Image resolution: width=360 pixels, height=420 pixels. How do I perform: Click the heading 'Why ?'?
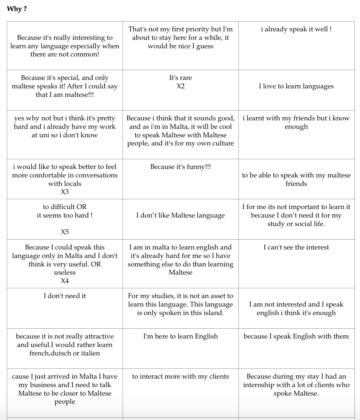click(17, 9)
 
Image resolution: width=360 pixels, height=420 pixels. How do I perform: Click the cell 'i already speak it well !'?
click(296, 29)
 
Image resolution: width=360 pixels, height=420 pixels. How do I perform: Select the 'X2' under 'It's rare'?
click(180, 86)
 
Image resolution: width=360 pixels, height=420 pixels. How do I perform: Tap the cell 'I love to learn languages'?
click(296, 86)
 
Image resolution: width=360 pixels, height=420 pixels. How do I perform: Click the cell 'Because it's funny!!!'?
click(180, 167)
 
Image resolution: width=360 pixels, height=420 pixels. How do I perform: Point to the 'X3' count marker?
click(65, 192)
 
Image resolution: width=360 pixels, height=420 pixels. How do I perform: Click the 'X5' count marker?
click(65, 232)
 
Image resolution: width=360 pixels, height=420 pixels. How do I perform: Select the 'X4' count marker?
click(65, 281)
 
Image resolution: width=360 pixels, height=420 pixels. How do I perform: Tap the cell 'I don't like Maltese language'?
click(180, 215)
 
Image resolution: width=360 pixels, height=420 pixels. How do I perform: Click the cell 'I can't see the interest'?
click(296, 247)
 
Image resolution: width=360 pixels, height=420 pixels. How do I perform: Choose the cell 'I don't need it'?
click(65, 296)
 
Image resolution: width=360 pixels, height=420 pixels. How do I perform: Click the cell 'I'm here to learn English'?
click(180, 336)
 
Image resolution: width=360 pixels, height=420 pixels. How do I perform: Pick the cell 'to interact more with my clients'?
click(180, 376)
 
